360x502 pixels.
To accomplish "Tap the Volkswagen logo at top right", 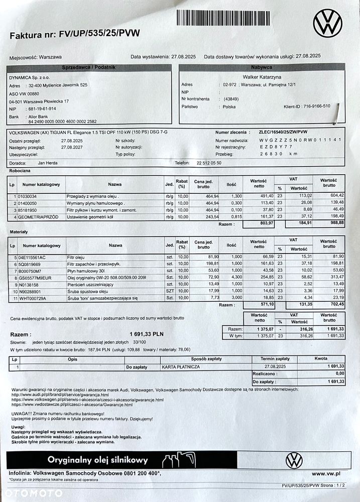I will coord(327,24).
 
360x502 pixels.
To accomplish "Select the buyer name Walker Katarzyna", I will coord(262,77).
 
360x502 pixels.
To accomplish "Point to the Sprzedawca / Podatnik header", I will coord(89,67).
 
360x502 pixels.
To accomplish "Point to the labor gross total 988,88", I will coord(329,224).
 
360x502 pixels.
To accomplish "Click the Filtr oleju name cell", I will coord(77,257).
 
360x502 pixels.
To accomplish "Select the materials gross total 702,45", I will coord(329,305).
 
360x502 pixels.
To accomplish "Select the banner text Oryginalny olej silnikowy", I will coord(98,460).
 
